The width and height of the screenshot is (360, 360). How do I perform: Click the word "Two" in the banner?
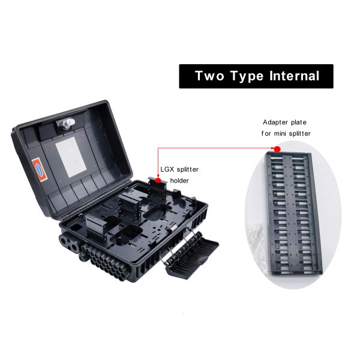[x=209, y=76]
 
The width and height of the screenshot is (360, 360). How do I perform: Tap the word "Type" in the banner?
[x=247, y=77]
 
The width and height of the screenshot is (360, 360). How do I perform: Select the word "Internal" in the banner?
[x=295, y=76]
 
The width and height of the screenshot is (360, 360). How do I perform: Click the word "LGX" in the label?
[x=167, y=169]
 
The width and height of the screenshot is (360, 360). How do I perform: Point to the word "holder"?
[x=179, y=181]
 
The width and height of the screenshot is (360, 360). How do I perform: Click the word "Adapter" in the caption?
[x=275, y=122]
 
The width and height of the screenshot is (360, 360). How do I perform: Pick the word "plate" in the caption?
[x=298, y=122]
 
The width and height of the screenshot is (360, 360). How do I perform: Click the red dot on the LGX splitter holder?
[x=158, y=181]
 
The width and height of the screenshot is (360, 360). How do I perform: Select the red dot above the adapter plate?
[x=277, y=149]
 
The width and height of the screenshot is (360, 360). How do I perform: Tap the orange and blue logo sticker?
[x=40, y=169]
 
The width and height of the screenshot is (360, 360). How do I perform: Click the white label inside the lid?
[x=71, y=157]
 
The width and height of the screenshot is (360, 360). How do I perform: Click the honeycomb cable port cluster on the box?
[x=104, y=262]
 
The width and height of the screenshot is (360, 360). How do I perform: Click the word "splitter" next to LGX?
[x=188, y=170]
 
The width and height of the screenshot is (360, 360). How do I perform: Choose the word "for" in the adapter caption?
[x=266, y=133]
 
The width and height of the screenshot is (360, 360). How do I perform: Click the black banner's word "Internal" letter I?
[x=271, y=76]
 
